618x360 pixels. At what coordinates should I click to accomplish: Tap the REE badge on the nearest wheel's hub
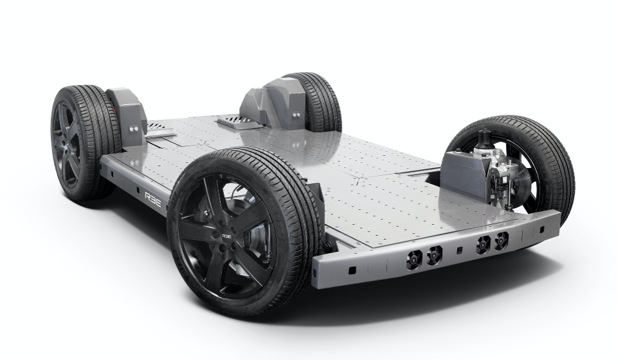coord(227,236)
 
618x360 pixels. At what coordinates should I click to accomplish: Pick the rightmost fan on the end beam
coord(501,240)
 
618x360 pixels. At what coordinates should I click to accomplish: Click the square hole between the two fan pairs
coord(458,249)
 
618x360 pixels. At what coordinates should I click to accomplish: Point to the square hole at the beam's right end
coord(543,230)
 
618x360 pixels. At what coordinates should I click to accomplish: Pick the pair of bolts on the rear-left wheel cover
coord(134,128)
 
